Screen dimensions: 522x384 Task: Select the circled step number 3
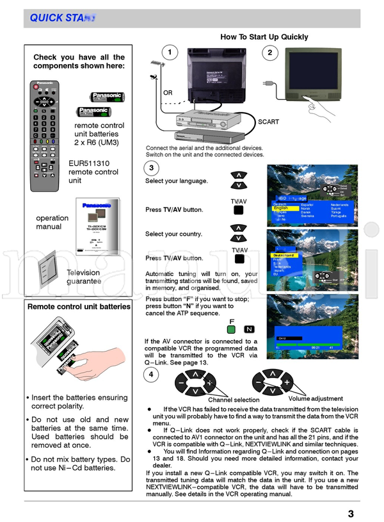pos(151,168)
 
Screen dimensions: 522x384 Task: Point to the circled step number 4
pos(151,374)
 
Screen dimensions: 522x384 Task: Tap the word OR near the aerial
pos(168,93)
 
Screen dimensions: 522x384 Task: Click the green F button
pos(231,329)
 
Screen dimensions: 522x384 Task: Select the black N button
pos(250,329)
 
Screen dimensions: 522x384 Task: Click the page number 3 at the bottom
pos(351,512)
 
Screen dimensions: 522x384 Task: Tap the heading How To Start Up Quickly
pos(264,37)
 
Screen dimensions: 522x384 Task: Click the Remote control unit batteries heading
pos(79,307)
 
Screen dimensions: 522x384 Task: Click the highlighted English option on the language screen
pos(281,208)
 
